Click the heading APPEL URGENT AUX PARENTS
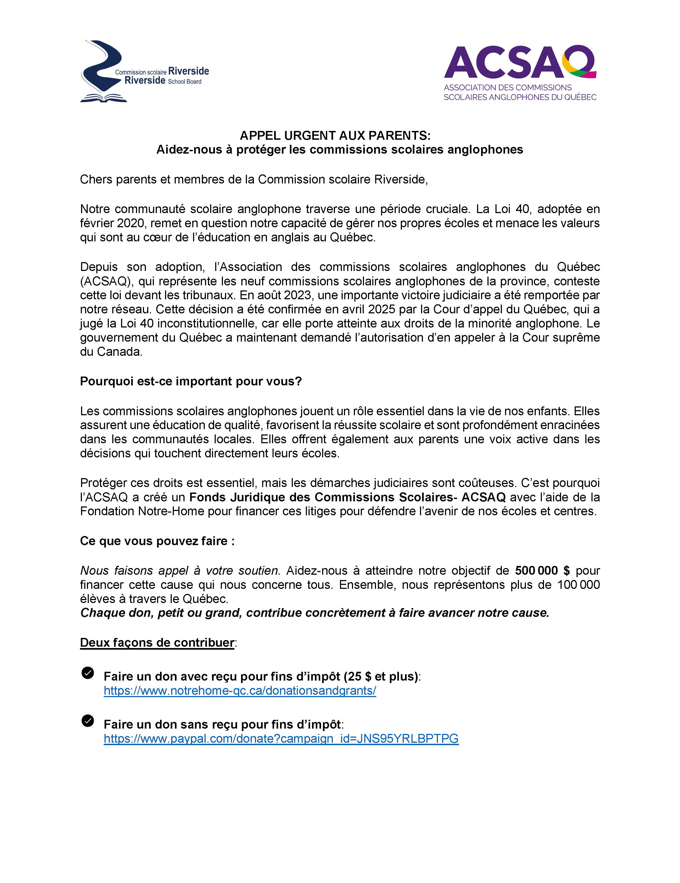click(335, 135)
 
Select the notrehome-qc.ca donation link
click(240, 690)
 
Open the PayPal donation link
click(281, 739)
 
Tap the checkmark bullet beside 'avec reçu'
click(88, 673)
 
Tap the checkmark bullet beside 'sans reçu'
click(88, 721)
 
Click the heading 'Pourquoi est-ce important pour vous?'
click(191, 381)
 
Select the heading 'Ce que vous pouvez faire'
click(157, 541)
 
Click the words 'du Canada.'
click(111, 352)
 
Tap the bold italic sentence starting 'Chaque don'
click(314, 613)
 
